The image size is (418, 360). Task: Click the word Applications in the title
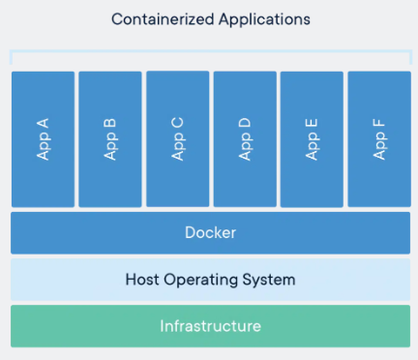(x=260, y=18)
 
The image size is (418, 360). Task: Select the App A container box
(x=43, y=138)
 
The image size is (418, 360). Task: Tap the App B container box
(x=109, y=138)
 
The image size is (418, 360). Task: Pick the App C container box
(x=177, y=138)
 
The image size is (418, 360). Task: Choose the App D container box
(x=244, y=138)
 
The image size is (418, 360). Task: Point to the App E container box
(x=312, y=138)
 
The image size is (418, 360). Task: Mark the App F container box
(x=378, y=138)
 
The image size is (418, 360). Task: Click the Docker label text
(x=210, y=233)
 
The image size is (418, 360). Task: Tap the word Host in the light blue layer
(x=143, y=280)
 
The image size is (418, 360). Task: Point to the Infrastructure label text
(x=210, y=326)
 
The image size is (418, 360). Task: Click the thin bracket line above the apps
(x=210, y=51)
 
